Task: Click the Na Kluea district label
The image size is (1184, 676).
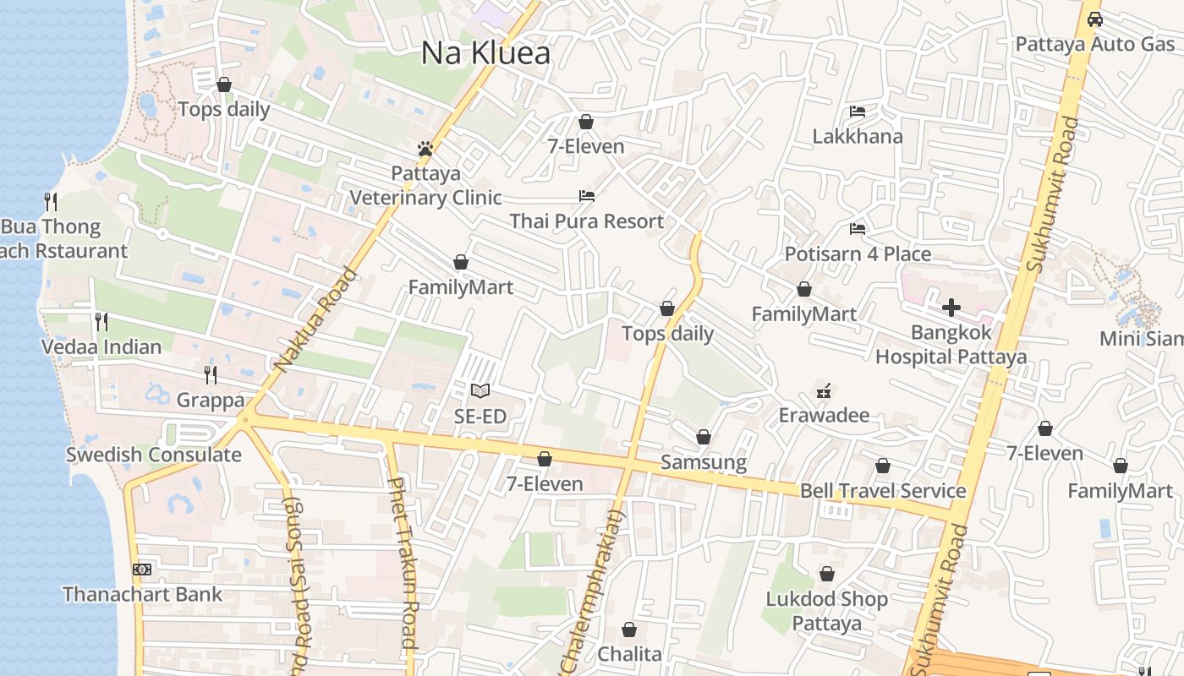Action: tap(485, 53)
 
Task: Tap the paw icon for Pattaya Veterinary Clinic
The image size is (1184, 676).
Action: tap(425, 149)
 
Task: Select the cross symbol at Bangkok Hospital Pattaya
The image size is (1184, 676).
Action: tap(951, 308)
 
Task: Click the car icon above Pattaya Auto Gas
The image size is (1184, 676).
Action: tap(1094, 19)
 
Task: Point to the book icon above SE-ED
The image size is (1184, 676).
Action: tap(480, 390)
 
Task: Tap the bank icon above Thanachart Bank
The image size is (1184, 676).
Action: tap(142, 570)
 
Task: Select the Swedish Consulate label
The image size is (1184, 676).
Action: tap(154, 455)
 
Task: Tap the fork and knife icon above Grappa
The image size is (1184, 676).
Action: tap(210, 374)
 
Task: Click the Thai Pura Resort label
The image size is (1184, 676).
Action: tap(586, 221)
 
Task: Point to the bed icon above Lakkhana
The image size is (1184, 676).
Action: tap(858, 112)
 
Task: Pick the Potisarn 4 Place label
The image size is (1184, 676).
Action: tap(858, 254)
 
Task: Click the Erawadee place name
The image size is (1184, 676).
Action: tap(824, 416)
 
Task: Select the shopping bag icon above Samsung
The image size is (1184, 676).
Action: tap(703, 437)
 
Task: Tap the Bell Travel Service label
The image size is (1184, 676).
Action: tap(883, 491)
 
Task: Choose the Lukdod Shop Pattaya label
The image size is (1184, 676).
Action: tap(826, 611)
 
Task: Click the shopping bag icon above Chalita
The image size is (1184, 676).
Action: tap(629, 630)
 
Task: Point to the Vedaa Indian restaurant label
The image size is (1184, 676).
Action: tap(101, 347)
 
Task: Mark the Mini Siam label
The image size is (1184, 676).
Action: tap(1141, 339)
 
